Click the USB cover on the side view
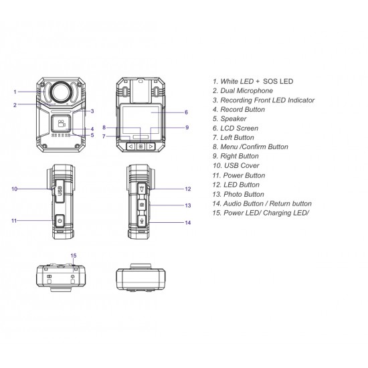point(59,188)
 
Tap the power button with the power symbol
point(60,220)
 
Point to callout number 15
point(74,256)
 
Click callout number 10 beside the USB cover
point(14,189)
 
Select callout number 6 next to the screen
point(186,112)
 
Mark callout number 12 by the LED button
point(188,189)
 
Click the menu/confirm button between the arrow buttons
point(141,145)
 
